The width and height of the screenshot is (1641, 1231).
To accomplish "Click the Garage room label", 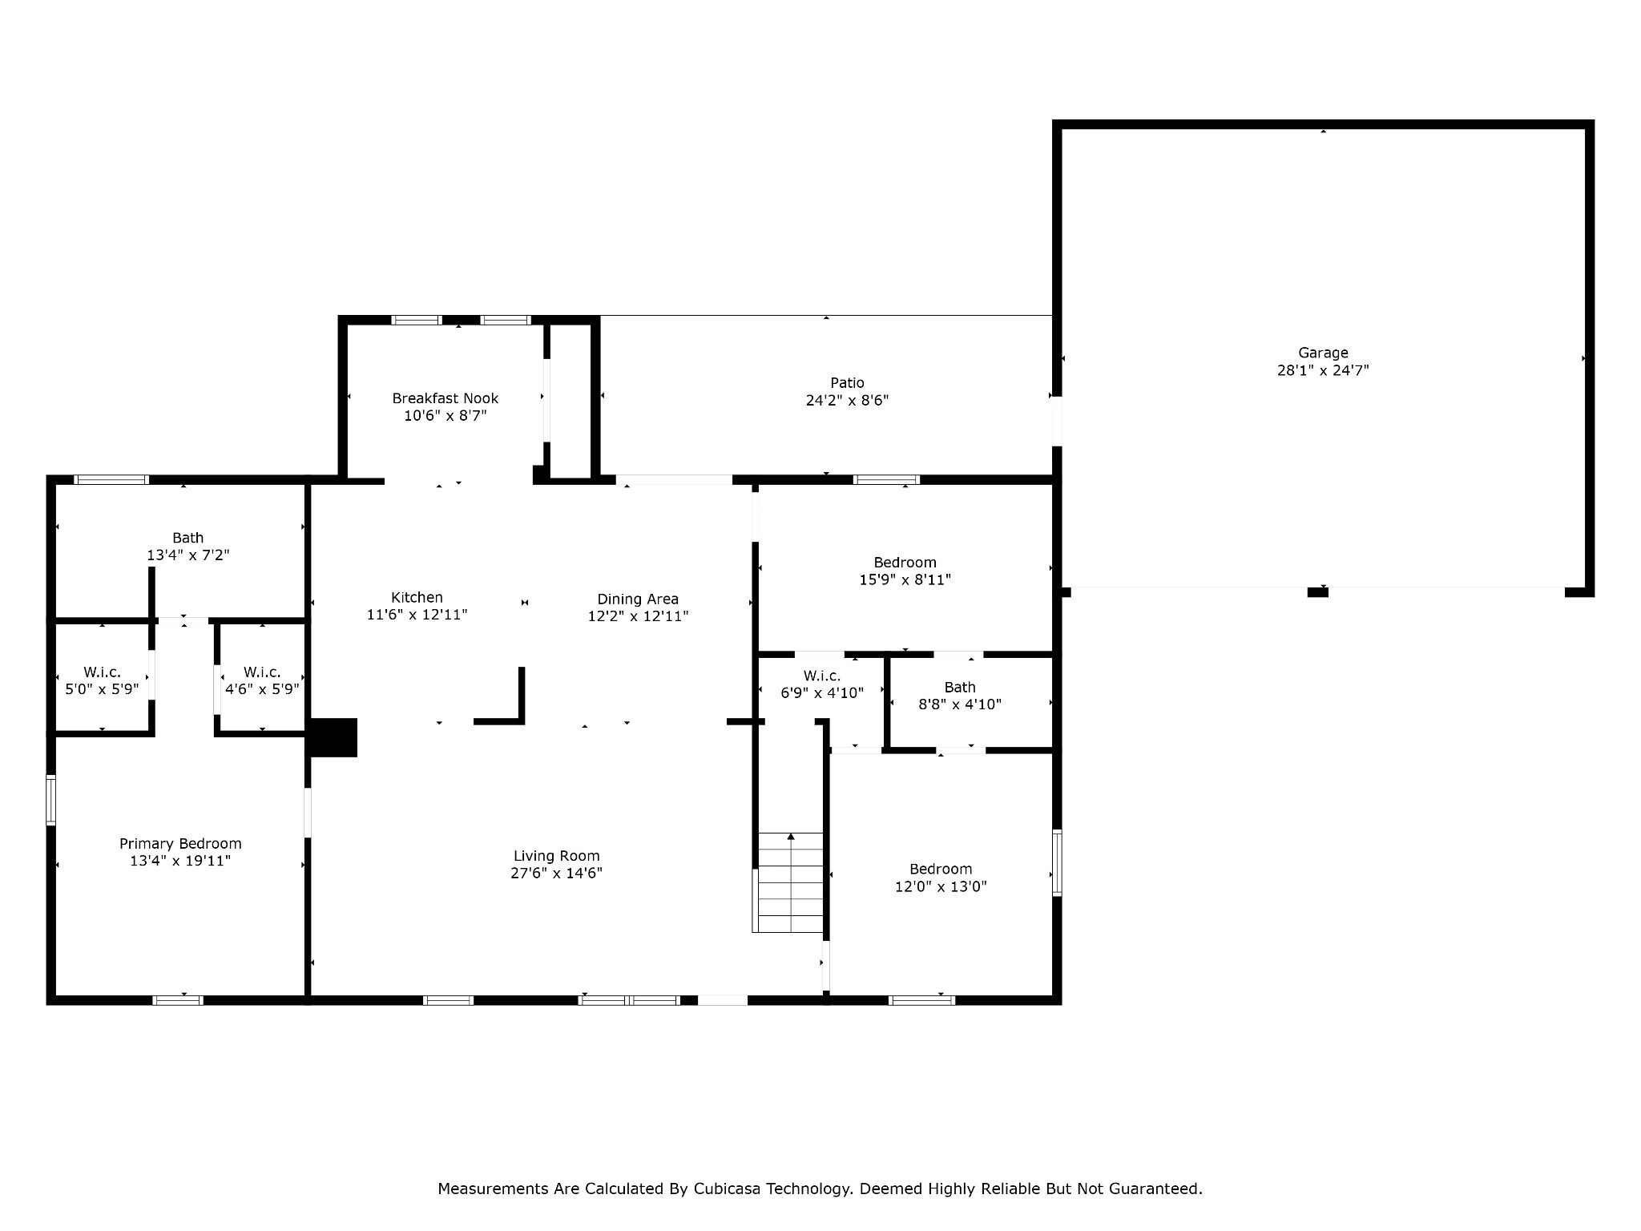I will click(x=1323, y=353).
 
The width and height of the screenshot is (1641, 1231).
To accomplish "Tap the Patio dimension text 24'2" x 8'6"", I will click(x=847, y=401).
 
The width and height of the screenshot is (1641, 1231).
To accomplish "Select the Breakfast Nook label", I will click(x=445, y=398).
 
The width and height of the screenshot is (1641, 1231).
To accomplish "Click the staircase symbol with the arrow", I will click(x=790, y=882).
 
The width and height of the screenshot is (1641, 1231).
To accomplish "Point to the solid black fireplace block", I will click(x=333, y=737).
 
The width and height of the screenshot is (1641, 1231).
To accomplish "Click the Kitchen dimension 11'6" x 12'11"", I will click(x=417, y=615).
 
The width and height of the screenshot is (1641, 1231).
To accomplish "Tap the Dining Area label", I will click(x=638, y=599).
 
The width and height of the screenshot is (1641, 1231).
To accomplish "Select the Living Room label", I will click(x=556, y=856).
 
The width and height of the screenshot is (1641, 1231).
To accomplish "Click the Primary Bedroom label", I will click(x=180, y=843).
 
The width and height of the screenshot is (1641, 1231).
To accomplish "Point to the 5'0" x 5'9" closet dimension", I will click(x=102, y=689).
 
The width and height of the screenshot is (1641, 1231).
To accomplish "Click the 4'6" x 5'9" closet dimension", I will click(x=262, y=689).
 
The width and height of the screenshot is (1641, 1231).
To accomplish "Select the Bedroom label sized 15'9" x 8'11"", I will click(x=905, y=563).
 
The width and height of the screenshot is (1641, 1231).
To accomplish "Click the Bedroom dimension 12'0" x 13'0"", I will click(x=941, y=887).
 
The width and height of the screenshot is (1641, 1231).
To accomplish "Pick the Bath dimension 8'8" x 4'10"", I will click(x=959, y=704).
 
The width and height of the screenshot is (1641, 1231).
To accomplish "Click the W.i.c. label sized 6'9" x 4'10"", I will click(x=821, y=676).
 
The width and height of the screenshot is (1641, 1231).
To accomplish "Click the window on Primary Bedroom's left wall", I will click(x=51, y=800).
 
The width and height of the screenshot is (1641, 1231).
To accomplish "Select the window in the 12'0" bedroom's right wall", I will click(x=1057, y=862).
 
